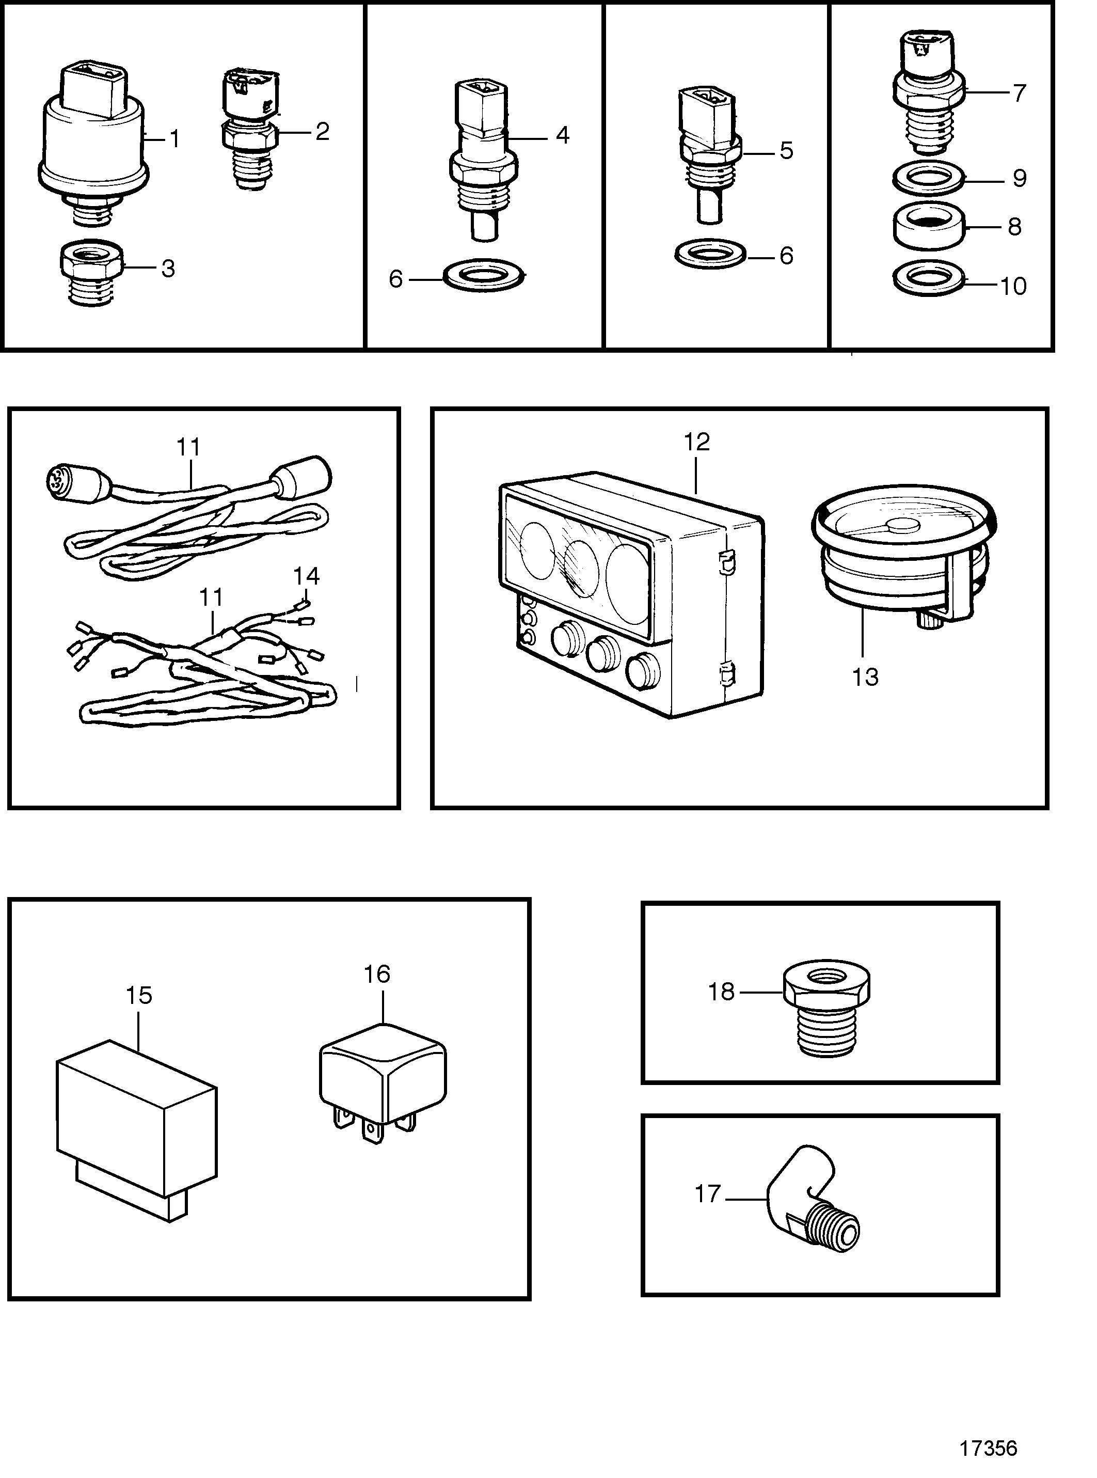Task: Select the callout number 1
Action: pyautogui.click(x=174, y=139)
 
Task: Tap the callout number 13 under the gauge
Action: pyautogui.click(x=865, y=677)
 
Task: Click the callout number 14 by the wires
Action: pyautogui.click(x=307, y=576)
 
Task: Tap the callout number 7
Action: pyautogui.click(x=1019, y=93)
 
